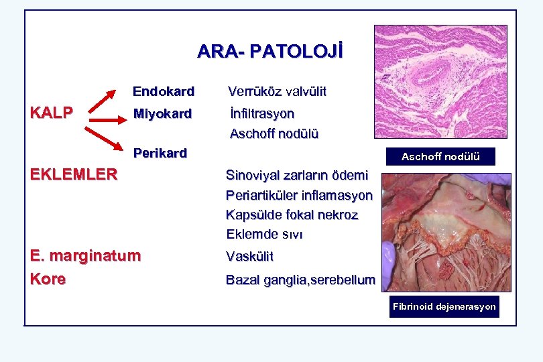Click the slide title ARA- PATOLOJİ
tap(269, 52)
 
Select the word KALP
tap(52, 113)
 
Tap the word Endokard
tap(163, 91)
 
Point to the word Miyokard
tap(162, 113)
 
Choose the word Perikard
tap(160, 153)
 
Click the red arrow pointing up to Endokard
tap(103, 103)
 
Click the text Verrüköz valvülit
tap(277, 91)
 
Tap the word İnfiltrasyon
tap(261, 113)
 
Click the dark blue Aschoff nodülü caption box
tap(440, 157)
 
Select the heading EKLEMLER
tap(74, 175)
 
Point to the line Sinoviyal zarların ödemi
tap(296, 176)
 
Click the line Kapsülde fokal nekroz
tap(292, 215)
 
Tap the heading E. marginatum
tap(86, 255)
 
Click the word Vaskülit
tap(249, 257)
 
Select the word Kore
tap(48, 279)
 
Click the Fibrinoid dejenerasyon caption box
tap(444, 307)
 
